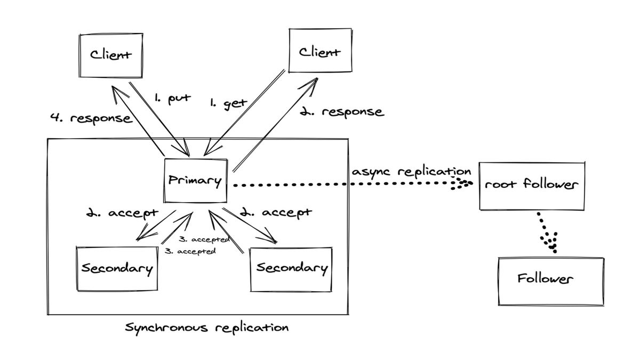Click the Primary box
(x=196, y=181)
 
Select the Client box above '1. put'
(x=111, y=55)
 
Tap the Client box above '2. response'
(x=321, y=50)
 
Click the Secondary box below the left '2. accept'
(x=117, y=269)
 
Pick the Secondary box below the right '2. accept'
(x=291, y=269)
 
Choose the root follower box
(x=532, y=186)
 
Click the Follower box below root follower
(x=551, y=282)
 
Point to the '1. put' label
(x=172, y=99)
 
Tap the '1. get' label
(x=229, y=103)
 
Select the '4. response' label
(x=91, y=118)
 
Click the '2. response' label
(x=342, y=111)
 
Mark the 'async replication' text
(x=411, y=172)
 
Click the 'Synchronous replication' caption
(x=207, y=327)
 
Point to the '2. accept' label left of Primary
(x=122, y=213)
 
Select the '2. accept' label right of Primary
(x=276, y=213)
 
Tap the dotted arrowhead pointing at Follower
(x=550, y=242)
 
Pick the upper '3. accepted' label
(x=204, y=239)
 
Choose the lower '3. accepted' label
(x=190, y=251)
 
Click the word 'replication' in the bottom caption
(x=252, y=328)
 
